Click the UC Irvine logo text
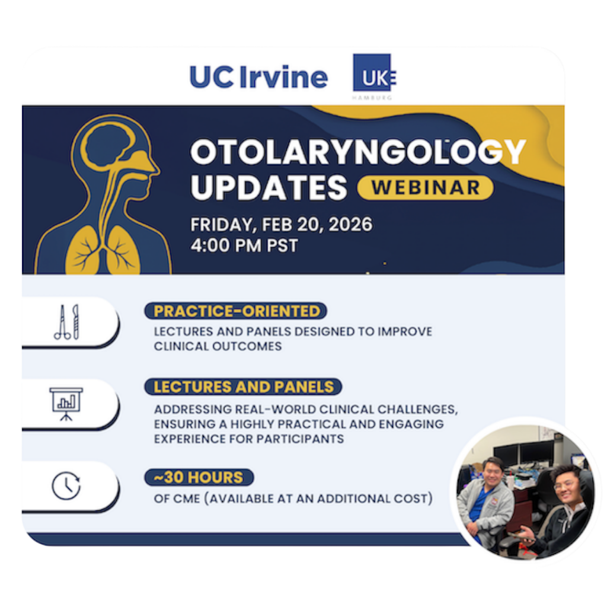(x=258, y=77)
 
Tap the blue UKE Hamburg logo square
(x=372, y=72)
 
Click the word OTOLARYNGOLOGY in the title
(x=357, y=152)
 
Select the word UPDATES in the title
(x=269, y=187)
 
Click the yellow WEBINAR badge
(x=426, y=188)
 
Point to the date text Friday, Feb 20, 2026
(x=282, y=225)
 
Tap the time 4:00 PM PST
(x=244, y=245)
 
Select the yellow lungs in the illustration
(x=103, y=250)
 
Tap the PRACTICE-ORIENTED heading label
(x=236, y=311)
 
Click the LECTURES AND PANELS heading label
(x=243, y=386)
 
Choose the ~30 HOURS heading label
(x=199, y=477)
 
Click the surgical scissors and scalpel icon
(x=67, y=322)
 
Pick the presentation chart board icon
(x=66, y=404)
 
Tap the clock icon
(x=66, y=485)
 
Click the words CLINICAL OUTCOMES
(x=218, y=346)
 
